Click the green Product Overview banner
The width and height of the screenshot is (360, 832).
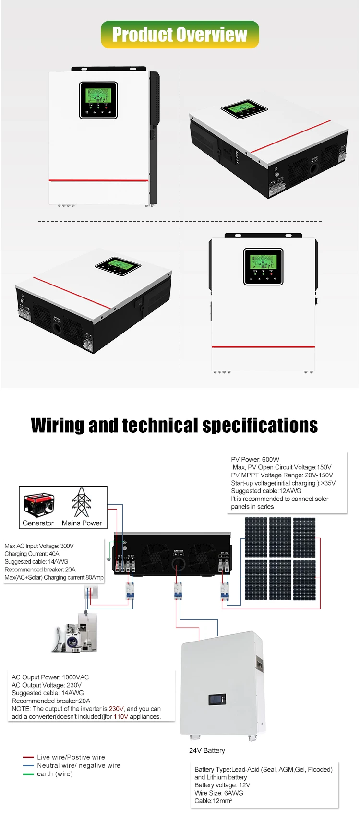pos(180,35)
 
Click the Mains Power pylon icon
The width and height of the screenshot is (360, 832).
pos(81,502)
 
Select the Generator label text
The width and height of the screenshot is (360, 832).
pos(38,523)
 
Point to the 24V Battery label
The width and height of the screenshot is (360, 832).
pos(207,750)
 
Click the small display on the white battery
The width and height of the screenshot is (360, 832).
pos(217,699)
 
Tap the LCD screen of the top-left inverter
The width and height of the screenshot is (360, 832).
pos(98,95)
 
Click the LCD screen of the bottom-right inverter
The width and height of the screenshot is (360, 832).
pos(263,262)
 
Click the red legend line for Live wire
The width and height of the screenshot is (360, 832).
pos(28,757)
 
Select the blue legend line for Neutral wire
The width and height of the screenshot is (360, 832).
pos(28,765)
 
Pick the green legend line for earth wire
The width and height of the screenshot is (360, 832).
pos(28,774)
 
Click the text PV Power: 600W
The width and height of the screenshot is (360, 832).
pos(255,459)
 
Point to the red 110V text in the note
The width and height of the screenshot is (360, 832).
pos(120,716)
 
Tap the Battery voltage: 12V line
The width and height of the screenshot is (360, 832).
pos(222,785)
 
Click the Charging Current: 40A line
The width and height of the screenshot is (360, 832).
pos(32,554)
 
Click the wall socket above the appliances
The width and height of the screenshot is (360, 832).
pos(91,593)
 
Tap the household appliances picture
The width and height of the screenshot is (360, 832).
pos(75,632)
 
